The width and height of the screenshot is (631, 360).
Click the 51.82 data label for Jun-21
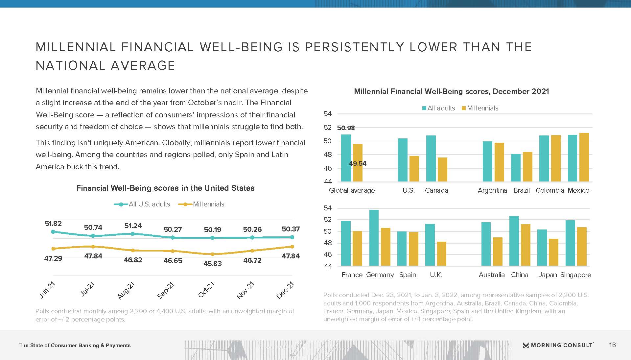pos(53,224)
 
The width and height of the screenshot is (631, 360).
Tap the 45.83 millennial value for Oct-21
pos(213,263)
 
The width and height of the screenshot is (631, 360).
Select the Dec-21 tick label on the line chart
pos(285,290)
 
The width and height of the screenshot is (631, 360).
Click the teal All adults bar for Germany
pos(374,238)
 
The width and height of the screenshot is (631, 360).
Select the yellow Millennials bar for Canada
pos(442,169)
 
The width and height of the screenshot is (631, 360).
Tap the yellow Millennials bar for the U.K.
pos(442,253)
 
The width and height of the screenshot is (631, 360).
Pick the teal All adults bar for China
pos(514,241)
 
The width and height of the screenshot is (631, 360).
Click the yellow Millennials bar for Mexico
pos(584,157)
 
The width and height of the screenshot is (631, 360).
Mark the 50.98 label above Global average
pos(346,128)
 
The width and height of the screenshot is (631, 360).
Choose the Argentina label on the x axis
pos(492,190)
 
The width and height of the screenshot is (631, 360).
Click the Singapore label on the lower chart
pos(575,275)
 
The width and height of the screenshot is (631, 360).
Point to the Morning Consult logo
pos(558,345)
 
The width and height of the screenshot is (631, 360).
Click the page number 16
pos(612,345)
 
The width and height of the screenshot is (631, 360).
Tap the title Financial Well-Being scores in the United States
pos(165,188)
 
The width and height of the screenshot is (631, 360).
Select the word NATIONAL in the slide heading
pos(70,65)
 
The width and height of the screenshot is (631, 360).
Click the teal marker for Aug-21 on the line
pos(133,234)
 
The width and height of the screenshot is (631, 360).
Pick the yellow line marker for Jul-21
pos(93,247)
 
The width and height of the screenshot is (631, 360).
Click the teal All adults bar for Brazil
pos(516,168)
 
